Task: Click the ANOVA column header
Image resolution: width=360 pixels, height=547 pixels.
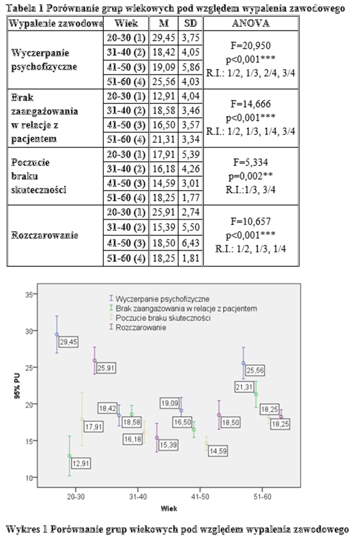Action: click(x=250, y=24)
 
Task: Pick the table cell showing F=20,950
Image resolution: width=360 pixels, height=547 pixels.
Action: click(x=250, y=45)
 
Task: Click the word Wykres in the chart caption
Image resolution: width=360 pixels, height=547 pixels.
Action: click(x=25, y=529)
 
